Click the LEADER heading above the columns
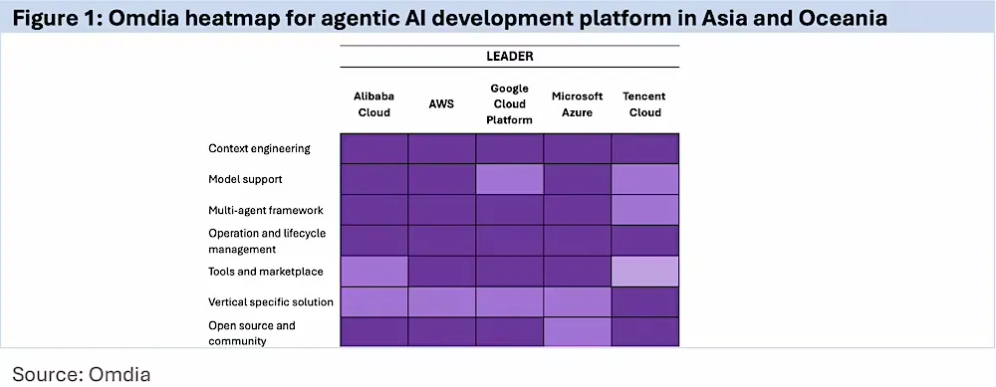pyautogui.click(x=509, y=57)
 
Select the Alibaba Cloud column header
pyautogui.click(x=374, y=104)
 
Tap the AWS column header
pyautogui.click(x=441, y=104)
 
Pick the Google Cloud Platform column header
pyautogui.click(x=509, y=104)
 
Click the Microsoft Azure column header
pyautogui.click(x=577, y=104)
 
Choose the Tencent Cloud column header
pyautogui.click(x=644, y=104)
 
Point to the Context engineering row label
pyautogui.click(x=259, y=149)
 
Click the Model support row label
pyautogui.click(x=245, y=179)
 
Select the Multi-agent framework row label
pyautogui.click(x=266, y=210)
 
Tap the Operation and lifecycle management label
pyautogui.click(x=267, y=241)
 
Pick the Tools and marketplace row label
pyautogui.click(x=266, y=272)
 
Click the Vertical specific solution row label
pyautogui.click(x=271, y=302)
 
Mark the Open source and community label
pyautogui.click(x=252, y=333)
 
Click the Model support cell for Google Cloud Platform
pyautogui.click(x=509, y=179)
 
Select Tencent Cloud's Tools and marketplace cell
pyautogui.click(x=644, y=272)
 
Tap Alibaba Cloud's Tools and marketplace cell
pyautogui.click(x=374, y=272)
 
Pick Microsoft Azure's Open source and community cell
pyautogui.click(x=577, y=332)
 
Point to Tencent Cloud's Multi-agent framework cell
pyautogui.click(x=644, y=210)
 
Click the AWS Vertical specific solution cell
pyautogui.click(x=441, y=302)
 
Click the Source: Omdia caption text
pyautogui.click(x=82, y=374)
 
